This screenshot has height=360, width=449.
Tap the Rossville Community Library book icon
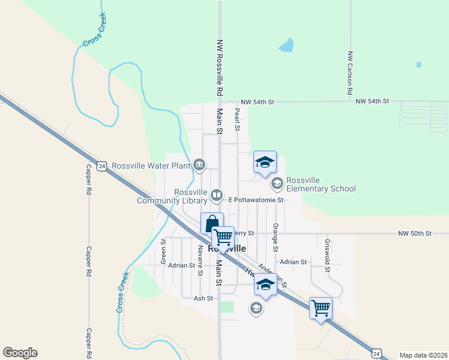[x=217, y=195]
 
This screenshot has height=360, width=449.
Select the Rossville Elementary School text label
[x=321, y=184]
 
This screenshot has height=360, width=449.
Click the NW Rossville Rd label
[x=220, y=69]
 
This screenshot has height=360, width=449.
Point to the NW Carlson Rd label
[x=349, y=73]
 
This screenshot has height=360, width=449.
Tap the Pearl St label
[x=237, y=120]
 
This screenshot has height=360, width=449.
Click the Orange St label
[x=276, y=237]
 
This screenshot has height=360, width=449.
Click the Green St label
[x=163, y=251]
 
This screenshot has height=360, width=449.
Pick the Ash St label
[x=203, y=298]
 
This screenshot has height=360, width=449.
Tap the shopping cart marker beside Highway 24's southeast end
[x=321, y=308]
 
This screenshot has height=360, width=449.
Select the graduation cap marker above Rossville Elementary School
[x=265, y=162]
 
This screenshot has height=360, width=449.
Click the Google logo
[x=20, y=353]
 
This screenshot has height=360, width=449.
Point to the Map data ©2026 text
[x=423, y=355]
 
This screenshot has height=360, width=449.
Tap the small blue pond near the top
[x=287, y=44]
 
